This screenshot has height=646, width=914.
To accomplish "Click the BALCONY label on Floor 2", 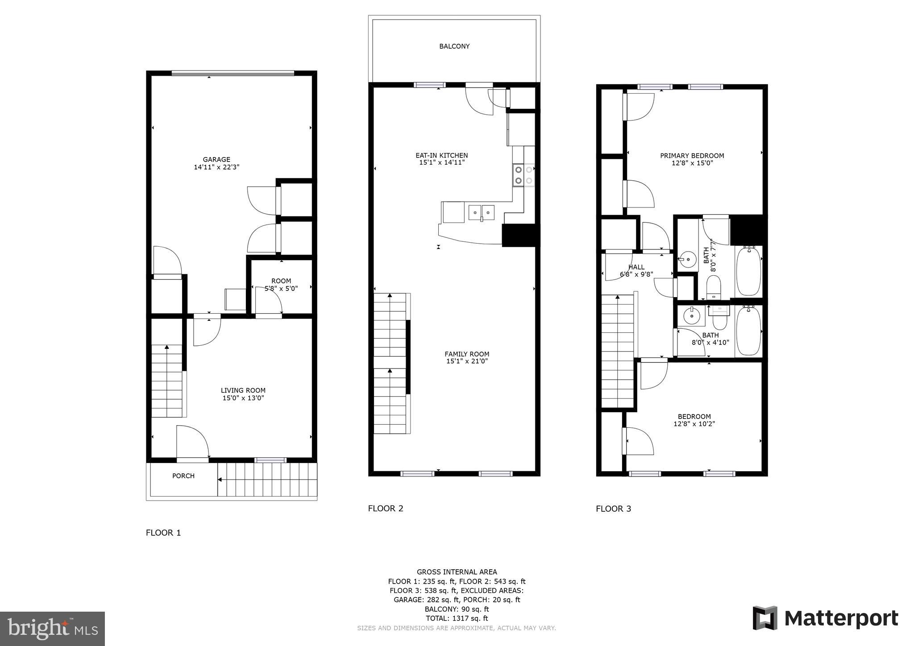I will [454, 46].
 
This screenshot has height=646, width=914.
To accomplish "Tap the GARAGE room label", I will [216, 159].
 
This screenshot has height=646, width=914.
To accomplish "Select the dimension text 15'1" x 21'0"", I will [467, 361].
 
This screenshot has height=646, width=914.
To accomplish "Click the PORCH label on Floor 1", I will [183, 476].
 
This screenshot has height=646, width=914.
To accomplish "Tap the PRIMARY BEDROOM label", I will [692, 156].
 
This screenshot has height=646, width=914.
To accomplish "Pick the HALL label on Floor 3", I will [636, 267].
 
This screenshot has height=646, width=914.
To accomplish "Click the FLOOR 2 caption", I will [386, 509].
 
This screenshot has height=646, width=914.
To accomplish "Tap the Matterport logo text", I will [841, 619].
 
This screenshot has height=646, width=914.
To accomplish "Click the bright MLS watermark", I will [52, 629].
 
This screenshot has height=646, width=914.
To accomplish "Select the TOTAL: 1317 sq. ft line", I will [457, 618].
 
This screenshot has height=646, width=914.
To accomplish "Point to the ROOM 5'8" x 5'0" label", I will [281, 285].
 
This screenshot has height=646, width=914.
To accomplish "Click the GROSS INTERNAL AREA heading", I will [457, 572].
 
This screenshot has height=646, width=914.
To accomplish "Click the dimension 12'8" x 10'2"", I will [694, 424].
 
